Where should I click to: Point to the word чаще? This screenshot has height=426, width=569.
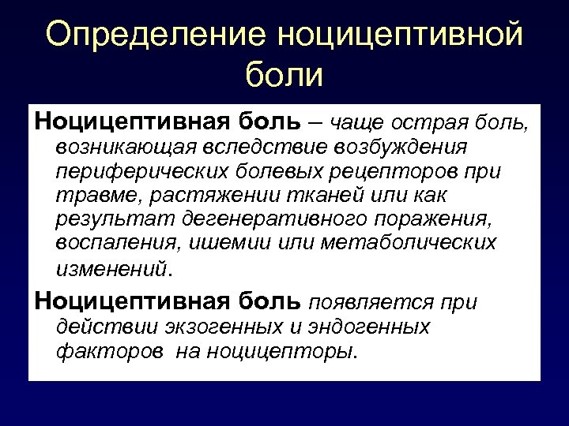tap(359, 121)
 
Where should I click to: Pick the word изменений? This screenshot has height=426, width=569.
tap(111, 267)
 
